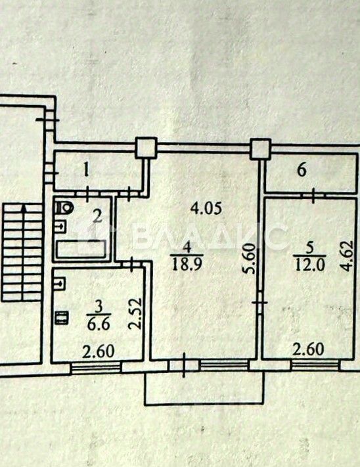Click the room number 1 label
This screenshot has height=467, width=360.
click(86, 170)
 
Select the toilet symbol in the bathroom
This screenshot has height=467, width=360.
click(64, 207)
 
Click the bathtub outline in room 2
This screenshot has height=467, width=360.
click(81, 249)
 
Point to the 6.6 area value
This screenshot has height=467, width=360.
click(99, 323)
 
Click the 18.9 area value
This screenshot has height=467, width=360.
click(188, 263)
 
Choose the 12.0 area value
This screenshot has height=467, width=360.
click(309, 264)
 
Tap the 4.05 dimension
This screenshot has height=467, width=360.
click(206, 208)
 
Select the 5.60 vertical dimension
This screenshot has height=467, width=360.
click(249, 259)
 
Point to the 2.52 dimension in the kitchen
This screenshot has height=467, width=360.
click(135, 313)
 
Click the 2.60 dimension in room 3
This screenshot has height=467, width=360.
click(99, 351)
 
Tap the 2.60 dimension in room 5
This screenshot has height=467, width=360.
click(308, 349)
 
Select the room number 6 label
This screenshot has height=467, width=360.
click(302, 171)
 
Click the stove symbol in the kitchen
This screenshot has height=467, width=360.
click(62, 317)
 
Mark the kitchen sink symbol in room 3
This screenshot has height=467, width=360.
click(60, 283)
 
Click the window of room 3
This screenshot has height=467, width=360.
click(96, 367)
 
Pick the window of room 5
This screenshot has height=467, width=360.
click(315, 365)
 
